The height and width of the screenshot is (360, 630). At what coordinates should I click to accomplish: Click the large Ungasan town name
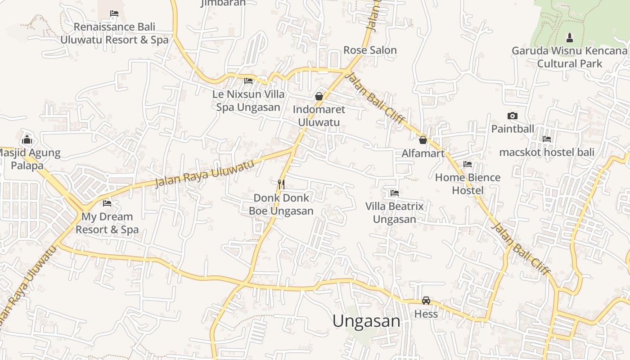click(366, 321)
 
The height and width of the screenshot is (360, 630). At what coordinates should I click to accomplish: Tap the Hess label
click(426, 314)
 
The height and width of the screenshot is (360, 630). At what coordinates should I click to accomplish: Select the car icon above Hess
click(426, 300)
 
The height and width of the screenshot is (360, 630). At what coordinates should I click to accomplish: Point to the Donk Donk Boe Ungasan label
click(281, 204)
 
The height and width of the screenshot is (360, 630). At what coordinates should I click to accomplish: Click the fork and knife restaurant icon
click(281, 184)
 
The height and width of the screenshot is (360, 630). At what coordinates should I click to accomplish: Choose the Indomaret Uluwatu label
click(319, 116)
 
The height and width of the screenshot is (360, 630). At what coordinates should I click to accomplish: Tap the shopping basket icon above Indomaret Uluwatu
click(319, 96)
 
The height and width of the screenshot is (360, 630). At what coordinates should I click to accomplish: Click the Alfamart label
click(423, 153)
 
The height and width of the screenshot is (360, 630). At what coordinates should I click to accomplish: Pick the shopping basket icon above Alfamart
click(423, 140)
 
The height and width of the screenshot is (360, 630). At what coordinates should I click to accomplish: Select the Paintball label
click(513, 129)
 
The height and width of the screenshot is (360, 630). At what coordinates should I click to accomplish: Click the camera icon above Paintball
click(512, 116)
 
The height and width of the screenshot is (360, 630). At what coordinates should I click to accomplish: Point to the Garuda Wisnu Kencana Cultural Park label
click(569, 57)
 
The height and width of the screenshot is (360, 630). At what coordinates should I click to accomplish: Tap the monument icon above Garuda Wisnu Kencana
click(569, 37)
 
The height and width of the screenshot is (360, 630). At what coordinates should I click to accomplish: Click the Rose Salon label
click(370, 50)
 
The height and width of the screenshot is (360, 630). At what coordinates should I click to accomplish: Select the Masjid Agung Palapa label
click(28, 159)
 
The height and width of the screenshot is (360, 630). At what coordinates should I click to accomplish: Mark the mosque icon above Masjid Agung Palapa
click(27, 139)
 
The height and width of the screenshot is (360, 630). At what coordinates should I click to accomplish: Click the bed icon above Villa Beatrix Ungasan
click(395, 193)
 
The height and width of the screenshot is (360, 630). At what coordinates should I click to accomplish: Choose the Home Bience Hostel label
click(468, 184)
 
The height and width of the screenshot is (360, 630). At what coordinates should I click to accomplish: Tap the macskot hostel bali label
click(547, 152)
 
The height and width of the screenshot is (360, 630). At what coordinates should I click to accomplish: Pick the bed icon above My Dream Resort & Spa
click(107, 203)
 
